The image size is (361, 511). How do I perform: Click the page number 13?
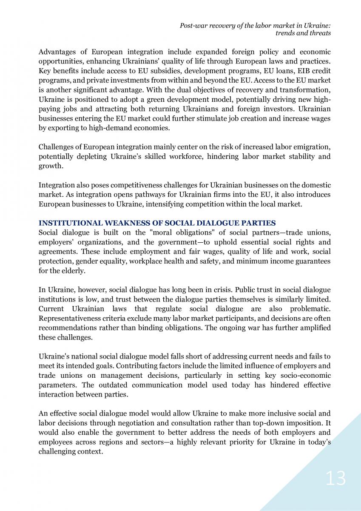click(335, 478)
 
